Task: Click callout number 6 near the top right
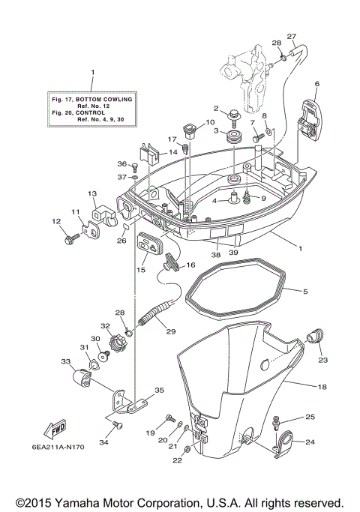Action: [x=317, y=84]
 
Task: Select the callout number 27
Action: [x=292, y=36]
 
